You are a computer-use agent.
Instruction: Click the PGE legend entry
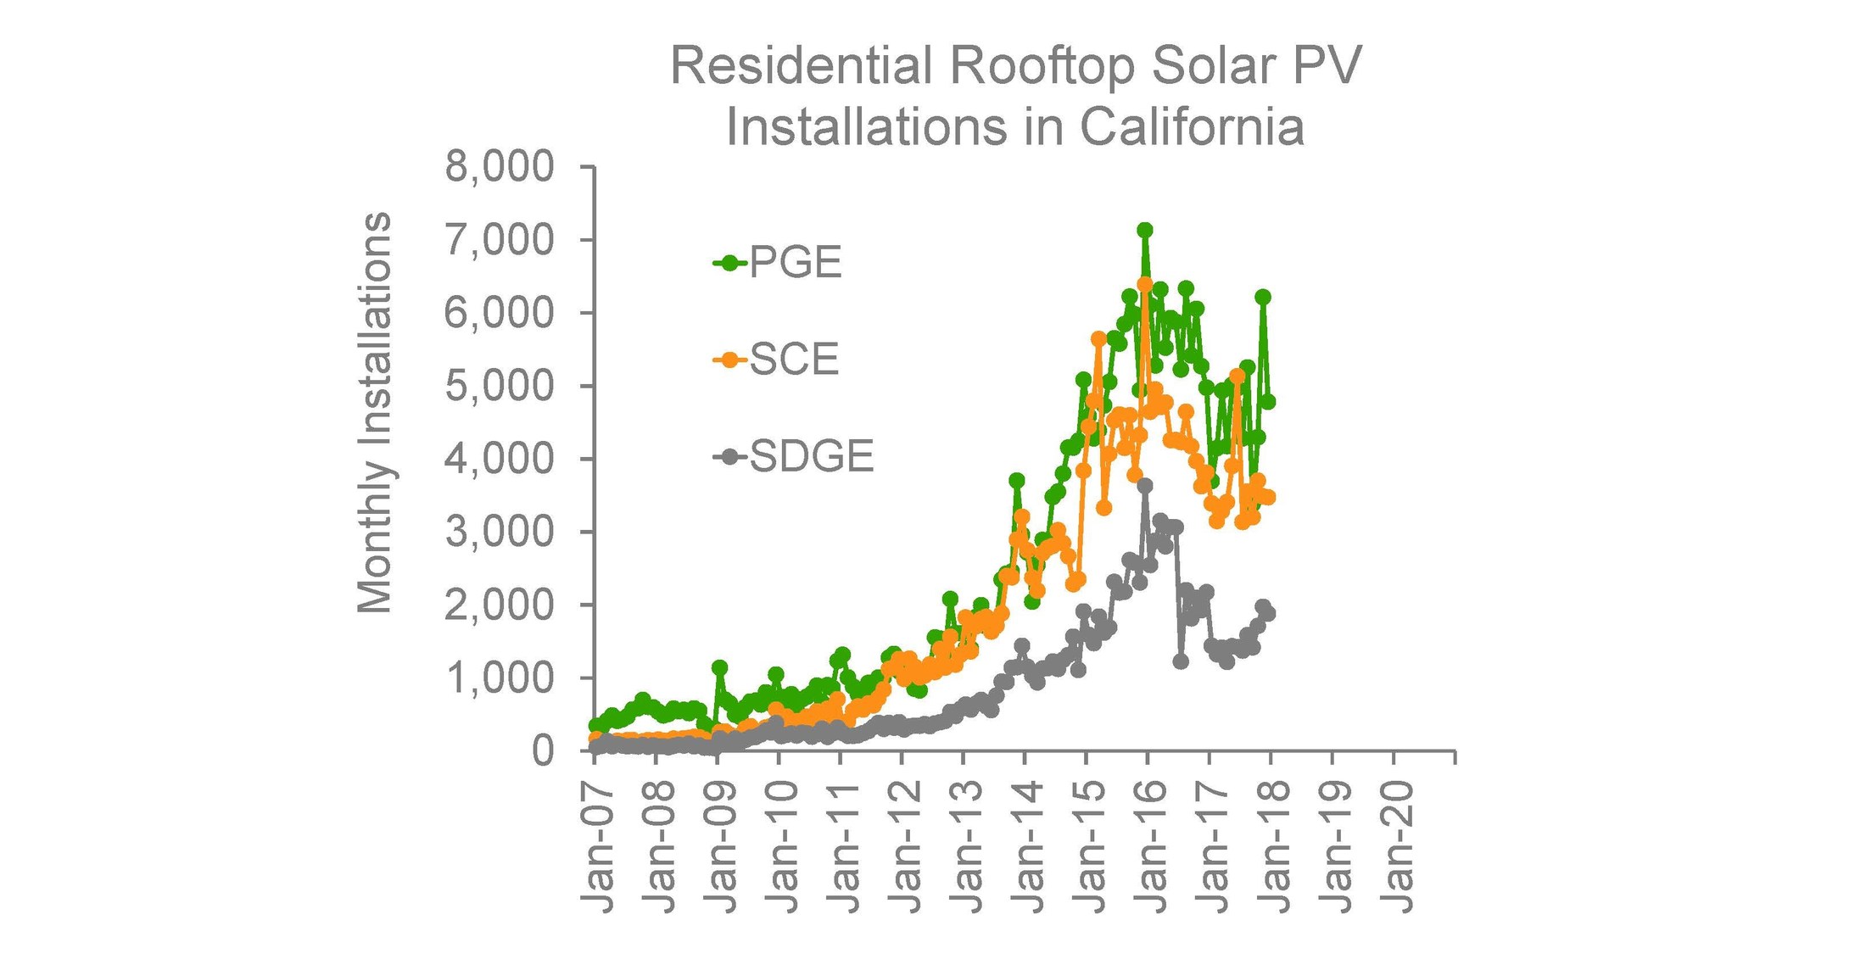[777, 262]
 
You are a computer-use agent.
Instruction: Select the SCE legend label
[776, 360]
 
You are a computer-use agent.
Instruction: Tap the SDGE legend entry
[793, 456]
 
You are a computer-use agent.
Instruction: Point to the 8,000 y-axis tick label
[499, 167]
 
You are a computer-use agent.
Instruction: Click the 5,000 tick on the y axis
[499, 386]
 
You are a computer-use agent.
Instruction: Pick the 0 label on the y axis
[543, 750]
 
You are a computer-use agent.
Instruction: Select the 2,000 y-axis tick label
[499, 605]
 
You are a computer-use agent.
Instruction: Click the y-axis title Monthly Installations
[374, 412]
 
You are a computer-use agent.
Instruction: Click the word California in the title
[1191, 127]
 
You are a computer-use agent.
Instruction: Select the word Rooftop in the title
[1042, 65]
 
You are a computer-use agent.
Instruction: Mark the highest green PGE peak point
[1144, 230]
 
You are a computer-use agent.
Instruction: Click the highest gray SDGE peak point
[1144, 485]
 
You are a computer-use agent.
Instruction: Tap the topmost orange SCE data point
[1144, 284]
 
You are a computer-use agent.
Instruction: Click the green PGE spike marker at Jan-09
[719, 667]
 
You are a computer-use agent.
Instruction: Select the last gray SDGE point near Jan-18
[1268, 614]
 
